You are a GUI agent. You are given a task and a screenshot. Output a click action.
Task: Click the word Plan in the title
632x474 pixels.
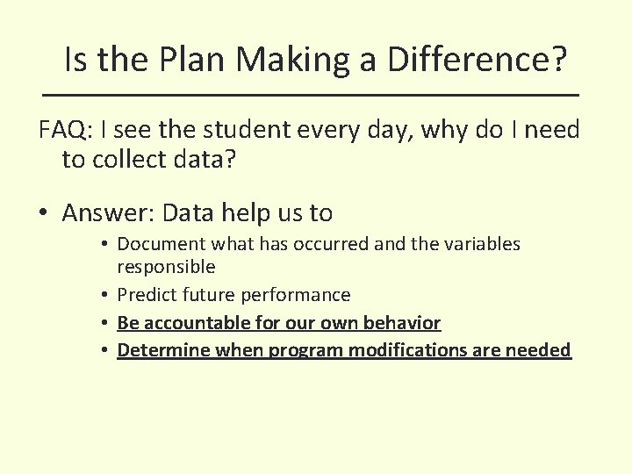click(183, 60)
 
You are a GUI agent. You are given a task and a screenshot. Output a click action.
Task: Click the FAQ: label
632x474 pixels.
click(66, 131)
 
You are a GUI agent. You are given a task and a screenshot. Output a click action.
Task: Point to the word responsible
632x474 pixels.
click(166, 266)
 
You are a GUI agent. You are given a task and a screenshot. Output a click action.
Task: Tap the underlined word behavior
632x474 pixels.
click(405, 323)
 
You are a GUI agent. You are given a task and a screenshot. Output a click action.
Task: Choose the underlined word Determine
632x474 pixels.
click(158, 350)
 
